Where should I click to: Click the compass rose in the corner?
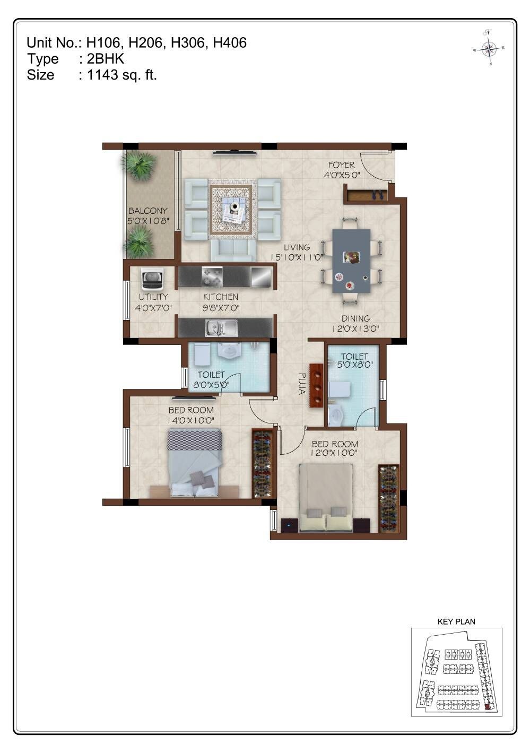[x=489, y=48]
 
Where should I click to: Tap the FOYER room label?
[x=341, y=165]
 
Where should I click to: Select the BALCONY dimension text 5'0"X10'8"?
[x=147, y=220]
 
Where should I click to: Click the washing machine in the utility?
[x=152, y=278]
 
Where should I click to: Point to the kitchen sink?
[x=222, y=328]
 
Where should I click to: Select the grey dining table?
[x=351, y=261]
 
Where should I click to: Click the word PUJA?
[x=301, y=384]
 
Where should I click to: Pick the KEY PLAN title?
[x=456, y=621]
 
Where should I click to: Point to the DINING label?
[x=355, y=318]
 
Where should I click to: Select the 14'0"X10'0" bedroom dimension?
[x=191, y=420]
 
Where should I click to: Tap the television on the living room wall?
[x=234, y=153]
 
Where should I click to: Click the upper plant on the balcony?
[x=140, y=165]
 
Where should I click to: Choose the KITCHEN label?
[x=221, y=297]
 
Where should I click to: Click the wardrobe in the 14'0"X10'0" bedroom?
[x=262, y=463]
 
